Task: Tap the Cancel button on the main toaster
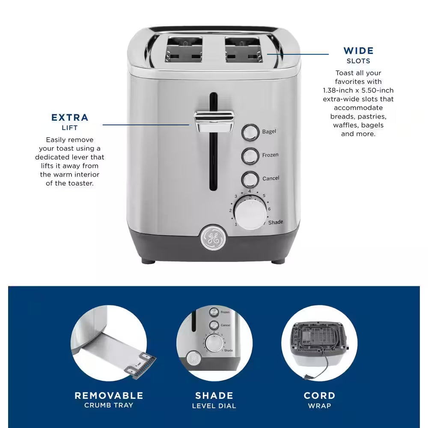250,178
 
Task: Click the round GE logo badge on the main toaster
213,237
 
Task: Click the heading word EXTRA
70,118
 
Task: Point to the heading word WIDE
359,51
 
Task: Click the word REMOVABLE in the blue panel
109,395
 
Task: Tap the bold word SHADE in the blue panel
214,395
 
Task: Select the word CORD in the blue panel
319,395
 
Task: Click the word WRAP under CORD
319,405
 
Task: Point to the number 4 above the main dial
250,191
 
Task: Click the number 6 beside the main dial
269,208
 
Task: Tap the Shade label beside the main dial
276,222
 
